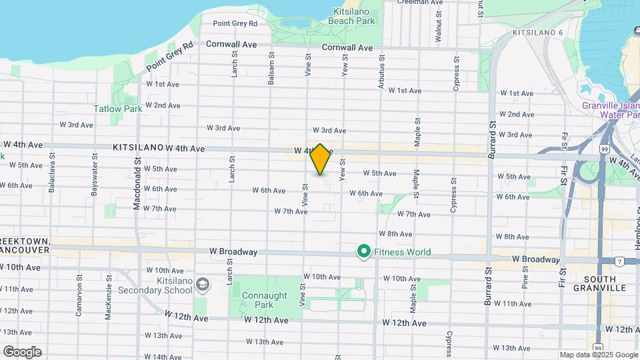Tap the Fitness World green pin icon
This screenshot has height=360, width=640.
tap(364, 252)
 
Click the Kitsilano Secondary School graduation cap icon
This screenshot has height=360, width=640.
tap(203, 285)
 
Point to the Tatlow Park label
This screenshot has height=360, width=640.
tap(117, 109)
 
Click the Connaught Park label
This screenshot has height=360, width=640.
tap(265, 300)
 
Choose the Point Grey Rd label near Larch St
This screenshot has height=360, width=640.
tap(235, 23)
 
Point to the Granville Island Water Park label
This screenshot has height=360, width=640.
tap(611, 110)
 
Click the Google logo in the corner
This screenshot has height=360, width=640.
tap(22, 351)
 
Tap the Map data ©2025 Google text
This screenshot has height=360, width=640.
tap(599, 355)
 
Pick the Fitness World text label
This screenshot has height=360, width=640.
tap(402, 252)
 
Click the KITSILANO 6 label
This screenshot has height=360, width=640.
tap(538, 33)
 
